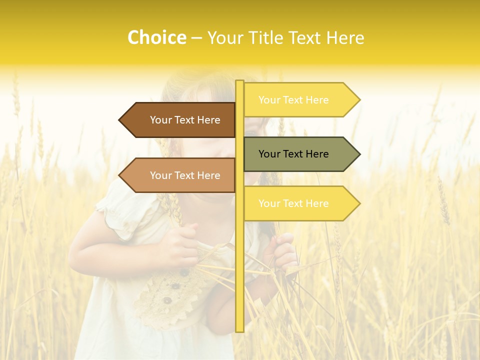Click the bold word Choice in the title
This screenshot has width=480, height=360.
click(x=156, y=38)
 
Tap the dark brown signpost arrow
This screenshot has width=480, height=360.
click(x=180, y=120)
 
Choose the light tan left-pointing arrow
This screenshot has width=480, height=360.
click(x=180, y=175)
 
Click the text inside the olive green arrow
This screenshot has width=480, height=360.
click(x=293, y=154)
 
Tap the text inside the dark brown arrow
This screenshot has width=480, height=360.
click(x=185, y=120)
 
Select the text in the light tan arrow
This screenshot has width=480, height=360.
click(x=185, y=175)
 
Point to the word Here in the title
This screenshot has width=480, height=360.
click(x=345, y=38)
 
